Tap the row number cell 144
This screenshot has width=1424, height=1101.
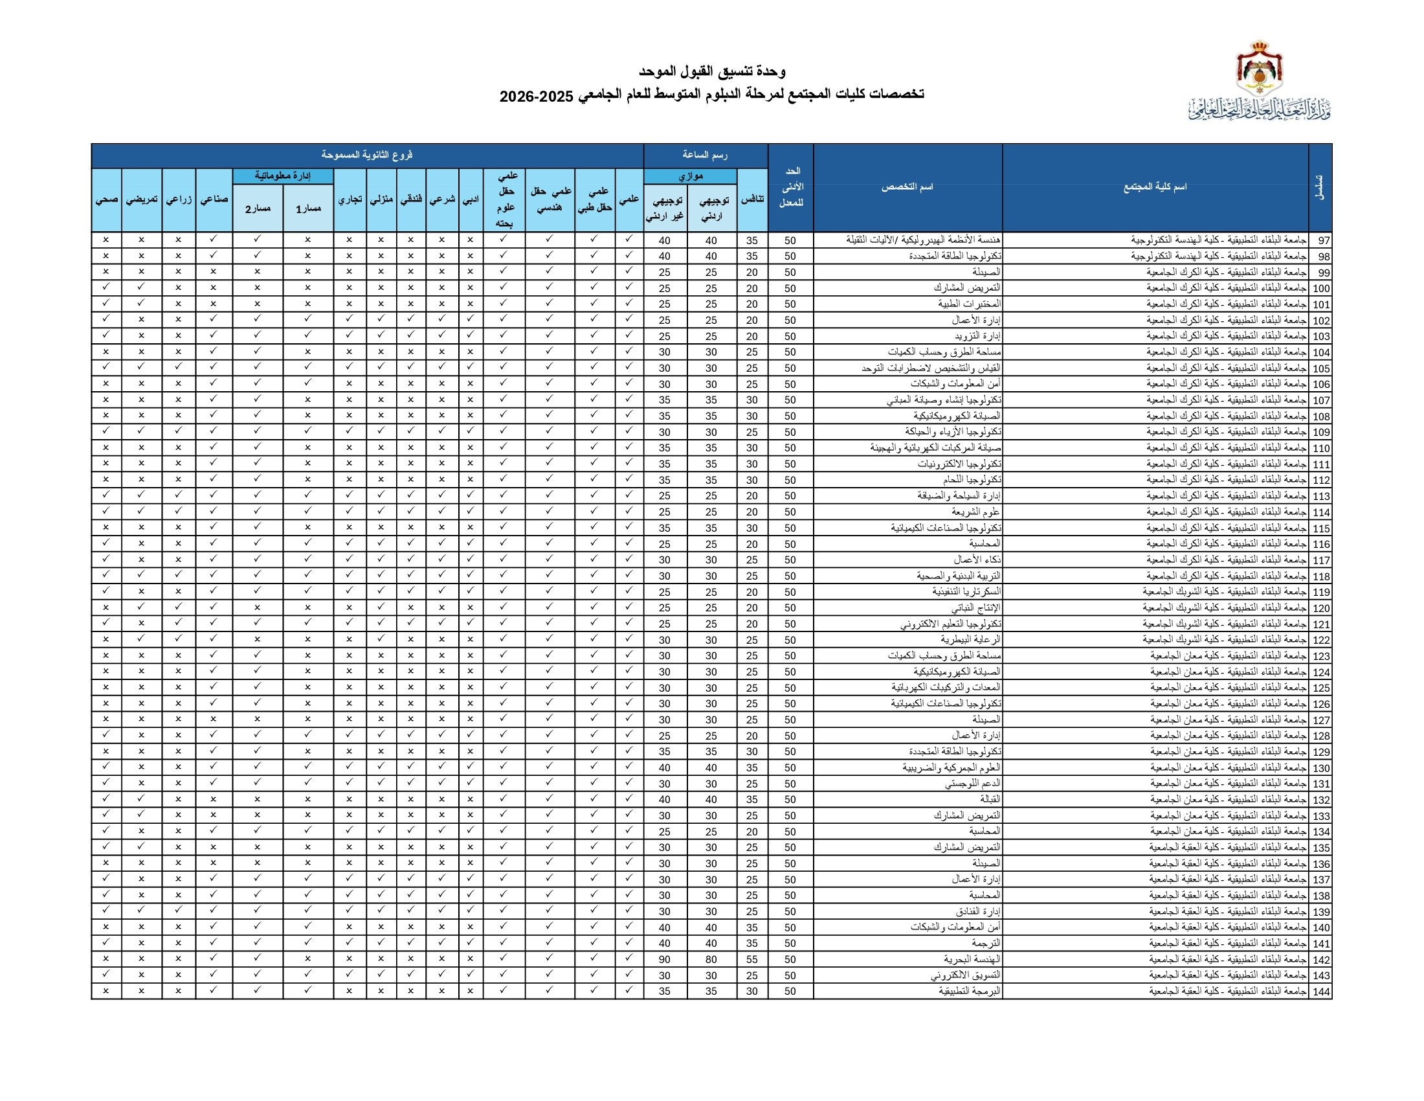pyautogui.click(x=1321, y=992)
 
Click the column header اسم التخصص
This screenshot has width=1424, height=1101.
pyautogui.click(x=907, y=187)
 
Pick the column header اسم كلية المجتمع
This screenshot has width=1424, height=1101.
pyautogui.click(x=1155, y=187)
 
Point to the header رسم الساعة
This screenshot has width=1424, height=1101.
pyautogui.click(x=705, y=155)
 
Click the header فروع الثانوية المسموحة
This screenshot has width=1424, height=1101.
pyautogui.click(x=367, y=155)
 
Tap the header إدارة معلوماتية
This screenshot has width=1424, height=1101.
pyautogui.click(x=283, y=176)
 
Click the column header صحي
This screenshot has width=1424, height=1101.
pyautogui.click(x=106, y=199)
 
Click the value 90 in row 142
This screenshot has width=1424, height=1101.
pyautogui.click(x=664, y=959)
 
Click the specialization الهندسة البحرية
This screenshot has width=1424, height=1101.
pyautogui.click(x=972, y=959)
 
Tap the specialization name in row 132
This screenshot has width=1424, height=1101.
pyautogui.click(x=990, y=799)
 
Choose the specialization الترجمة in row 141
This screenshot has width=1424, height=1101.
pyautogui.click(x=986, y=943)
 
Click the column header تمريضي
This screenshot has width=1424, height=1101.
pyautogui.click(x=142, y=199)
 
